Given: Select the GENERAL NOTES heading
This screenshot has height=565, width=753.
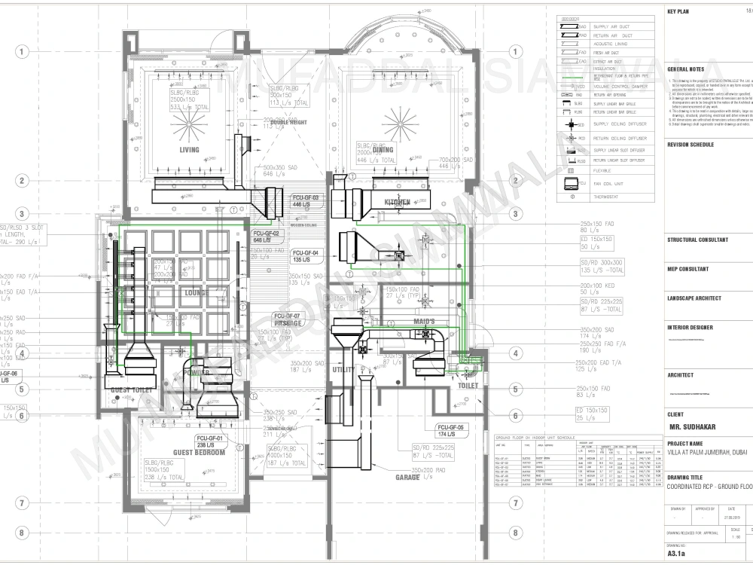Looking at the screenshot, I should (686, 69).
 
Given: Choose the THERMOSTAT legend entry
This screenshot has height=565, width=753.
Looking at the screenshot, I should (608, 197).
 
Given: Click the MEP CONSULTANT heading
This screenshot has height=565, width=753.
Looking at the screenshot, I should (687, 268).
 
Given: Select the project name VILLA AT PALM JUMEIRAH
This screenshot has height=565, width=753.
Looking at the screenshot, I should (709, 455).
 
